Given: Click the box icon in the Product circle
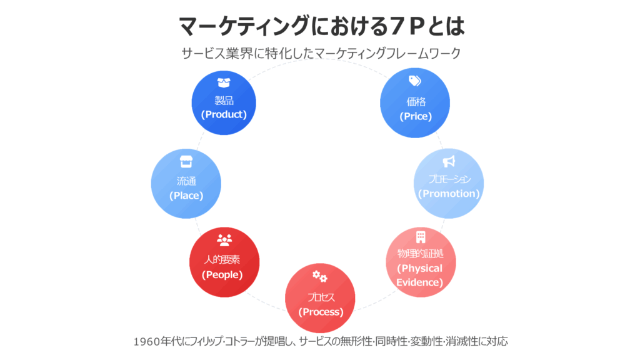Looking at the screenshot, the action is point(224,83).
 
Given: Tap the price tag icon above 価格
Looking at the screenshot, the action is point(415,81).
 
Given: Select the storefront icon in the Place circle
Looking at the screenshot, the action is point(186,162).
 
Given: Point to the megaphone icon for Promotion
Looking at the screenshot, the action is point(449,162).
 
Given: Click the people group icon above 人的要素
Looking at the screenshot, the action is point(224,240).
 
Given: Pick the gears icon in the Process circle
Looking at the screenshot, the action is point(320,276).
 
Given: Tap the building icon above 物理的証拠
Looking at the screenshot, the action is point(421,237).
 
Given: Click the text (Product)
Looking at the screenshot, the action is point(224,114).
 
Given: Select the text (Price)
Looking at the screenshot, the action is point(416,116).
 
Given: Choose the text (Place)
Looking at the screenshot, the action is point(186,196).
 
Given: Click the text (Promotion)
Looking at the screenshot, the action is point(449,194).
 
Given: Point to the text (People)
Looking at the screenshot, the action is point(222,275).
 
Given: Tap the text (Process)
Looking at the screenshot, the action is point(321,312).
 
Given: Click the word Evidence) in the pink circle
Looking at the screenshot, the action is point(419,282).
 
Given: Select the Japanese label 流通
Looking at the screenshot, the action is point(186,181).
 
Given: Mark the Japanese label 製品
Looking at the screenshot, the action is point(224,100).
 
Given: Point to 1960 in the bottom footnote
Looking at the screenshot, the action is point(146,341).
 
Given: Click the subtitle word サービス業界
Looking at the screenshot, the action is point(217,53).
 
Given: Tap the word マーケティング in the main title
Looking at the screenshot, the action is point(244,26).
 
